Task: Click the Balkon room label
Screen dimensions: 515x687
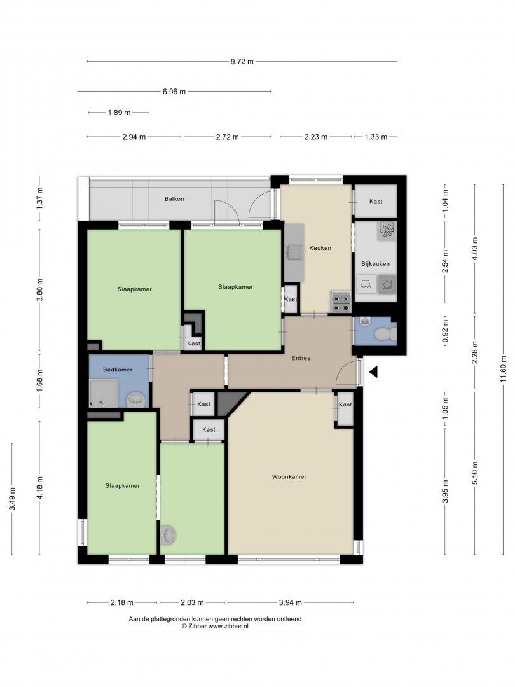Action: tap(174, 199)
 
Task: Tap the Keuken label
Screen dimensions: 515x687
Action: tap(320, 248)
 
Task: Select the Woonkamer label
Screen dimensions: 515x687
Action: tap(289, 476)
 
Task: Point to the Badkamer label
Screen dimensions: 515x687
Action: tap(118, 370)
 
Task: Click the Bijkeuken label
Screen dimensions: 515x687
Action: tap(375, 264)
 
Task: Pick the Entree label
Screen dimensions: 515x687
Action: tap(301, 358)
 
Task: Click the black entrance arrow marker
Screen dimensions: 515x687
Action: tap(373, 372)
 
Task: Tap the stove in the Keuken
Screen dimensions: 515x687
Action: tap(341, 302)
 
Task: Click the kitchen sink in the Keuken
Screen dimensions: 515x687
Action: tap(293, 252)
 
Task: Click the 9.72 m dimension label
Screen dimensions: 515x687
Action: tap(242, 62)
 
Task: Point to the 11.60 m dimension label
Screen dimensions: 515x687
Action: tap(503, 370)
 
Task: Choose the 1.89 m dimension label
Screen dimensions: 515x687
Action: tap(119, 113)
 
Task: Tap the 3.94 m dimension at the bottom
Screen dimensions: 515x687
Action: tap(291, 602)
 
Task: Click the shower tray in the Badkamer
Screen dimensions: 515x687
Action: tap(104, 394)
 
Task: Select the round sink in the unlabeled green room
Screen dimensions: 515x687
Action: tap(168, 535)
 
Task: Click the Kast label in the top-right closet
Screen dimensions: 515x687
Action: tap(376, 202)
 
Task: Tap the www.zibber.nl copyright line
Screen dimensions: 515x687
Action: tap(215, 627)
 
